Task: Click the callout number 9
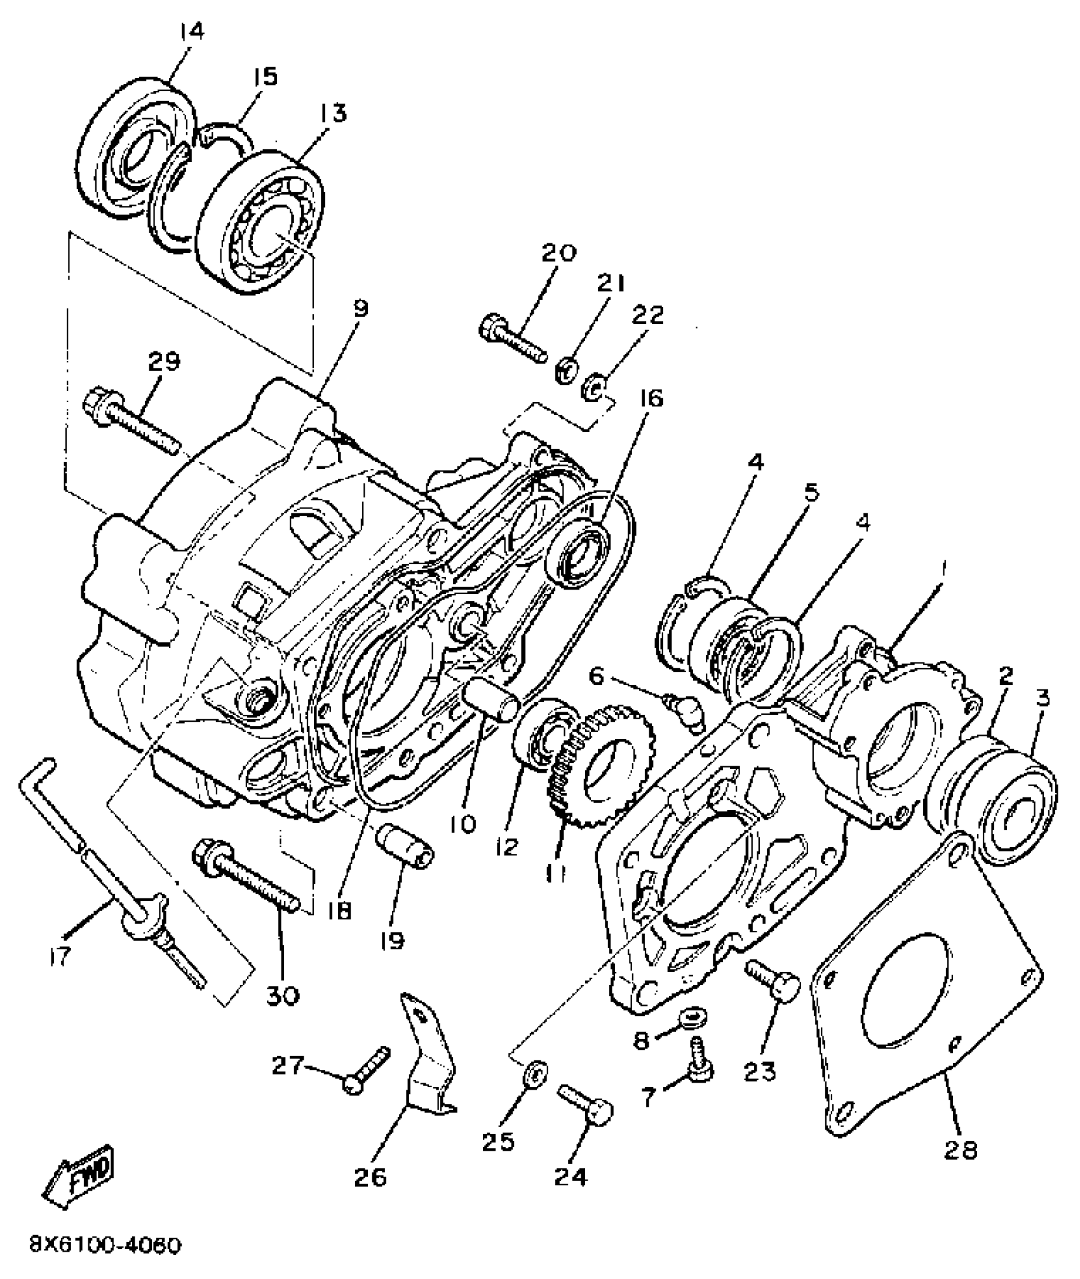(x=360, y=309)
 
